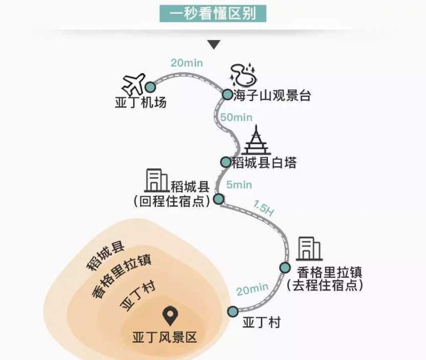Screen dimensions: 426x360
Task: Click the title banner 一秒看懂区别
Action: click(x=213, y=13)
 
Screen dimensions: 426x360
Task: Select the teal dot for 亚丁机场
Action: click(x=150, y=87)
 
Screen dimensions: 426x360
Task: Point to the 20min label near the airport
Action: click(x=187, y=63)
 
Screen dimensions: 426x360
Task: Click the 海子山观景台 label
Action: click(x=272, y=95)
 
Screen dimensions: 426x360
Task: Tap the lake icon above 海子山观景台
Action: click(x=243, y=75)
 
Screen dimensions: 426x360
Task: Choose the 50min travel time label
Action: click(x=236, y=118)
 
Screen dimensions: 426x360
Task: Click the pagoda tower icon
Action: click(x=256, y=141)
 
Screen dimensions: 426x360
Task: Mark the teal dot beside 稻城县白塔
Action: click(x=226, y=162)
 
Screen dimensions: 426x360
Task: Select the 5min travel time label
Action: click(x=239, y=185)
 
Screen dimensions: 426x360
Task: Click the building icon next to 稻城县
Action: click(x=155, y=181)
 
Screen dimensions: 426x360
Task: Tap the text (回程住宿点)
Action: click(x=172, y=201)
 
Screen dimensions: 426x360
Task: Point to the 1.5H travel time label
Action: click(x=263, y=209)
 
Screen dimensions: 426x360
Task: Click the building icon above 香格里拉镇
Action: click(x=309, y=249)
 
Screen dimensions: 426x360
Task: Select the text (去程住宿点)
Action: click(x=325, y=285)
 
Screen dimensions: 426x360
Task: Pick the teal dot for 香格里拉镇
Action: click(x=285, y=267)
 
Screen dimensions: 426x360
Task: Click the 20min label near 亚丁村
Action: click(x=253, y=289)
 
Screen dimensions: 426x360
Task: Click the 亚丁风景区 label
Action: click(x=164, y=337)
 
